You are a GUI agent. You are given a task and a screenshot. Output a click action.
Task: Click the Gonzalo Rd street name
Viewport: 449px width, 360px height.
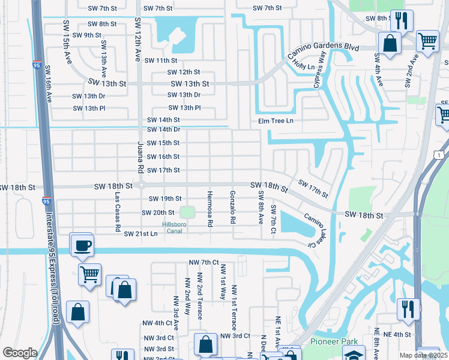(x=232, y=207)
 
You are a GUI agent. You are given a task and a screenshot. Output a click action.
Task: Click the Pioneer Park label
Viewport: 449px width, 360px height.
(x=330, y=341)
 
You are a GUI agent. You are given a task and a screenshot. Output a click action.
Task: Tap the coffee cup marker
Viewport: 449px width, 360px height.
(x=81, y=245)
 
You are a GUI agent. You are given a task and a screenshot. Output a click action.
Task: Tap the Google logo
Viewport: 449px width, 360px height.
(x=19, y=353)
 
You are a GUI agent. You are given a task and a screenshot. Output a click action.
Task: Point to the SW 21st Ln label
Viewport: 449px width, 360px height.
(x=140, y=233)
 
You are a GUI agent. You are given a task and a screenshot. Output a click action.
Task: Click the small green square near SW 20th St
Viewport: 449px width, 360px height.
(x=188, y=212)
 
